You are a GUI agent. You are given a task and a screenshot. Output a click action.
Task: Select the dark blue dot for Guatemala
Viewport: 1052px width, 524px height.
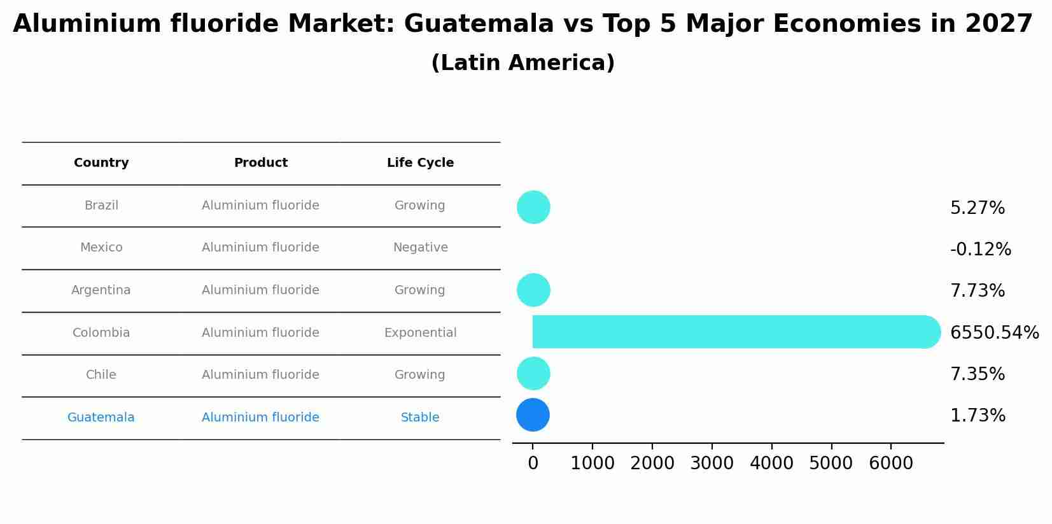pos(533,415)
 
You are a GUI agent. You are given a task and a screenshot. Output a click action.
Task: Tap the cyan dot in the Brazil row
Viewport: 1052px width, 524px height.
pos(533,208)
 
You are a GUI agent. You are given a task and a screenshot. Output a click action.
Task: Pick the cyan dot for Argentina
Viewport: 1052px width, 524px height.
pos(533,290)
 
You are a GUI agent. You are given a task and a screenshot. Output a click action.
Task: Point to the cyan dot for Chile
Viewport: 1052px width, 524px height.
pos(533,374)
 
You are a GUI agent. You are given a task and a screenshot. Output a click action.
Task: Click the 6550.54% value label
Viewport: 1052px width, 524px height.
pos(994,333)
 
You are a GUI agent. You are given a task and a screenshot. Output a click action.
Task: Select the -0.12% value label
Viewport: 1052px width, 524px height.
pos(980,250)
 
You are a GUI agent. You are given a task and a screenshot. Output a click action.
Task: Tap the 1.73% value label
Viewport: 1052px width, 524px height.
pos(978,416)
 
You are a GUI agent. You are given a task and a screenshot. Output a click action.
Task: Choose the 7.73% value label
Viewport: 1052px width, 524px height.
pos(977,291)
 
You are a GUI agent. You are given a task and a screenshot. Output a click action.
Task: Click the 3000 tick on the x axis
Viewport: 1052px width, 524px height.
pos(712,464)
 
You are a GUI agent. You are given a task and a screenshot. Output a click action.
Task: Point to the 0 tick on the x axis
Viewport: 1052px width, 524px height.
pos(533,464)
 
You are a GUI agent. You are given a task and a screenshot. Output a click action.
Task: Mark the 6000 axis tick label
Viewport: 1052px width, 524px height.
pos(890,464)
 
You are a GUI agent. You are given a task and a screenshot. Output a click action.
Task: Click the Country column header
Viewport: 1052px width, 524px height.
pos(101,163)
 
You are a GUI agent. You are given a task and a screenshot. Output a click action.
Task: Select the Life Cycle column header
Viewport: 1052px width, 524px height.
pos(420,163)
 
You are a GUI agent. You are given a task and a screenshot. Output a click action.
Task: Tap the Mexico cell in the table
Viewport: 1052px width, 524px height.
pos(101,248)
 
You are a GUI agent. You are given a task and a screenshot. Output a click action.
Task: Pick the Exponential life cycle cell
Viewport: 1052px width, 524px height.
pos(420,333)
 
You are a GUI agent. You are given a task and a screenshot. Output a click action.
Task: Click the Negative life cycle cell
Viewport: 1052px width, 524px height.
pos(420,248)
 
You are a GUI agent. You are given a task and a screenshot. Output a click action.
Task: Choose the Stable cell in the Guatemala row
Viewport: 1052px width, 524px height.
pos(420,418)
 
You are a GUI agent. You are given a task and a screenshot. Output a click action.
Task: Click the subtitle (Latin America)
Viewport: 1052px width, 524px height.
pos(522,63)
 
